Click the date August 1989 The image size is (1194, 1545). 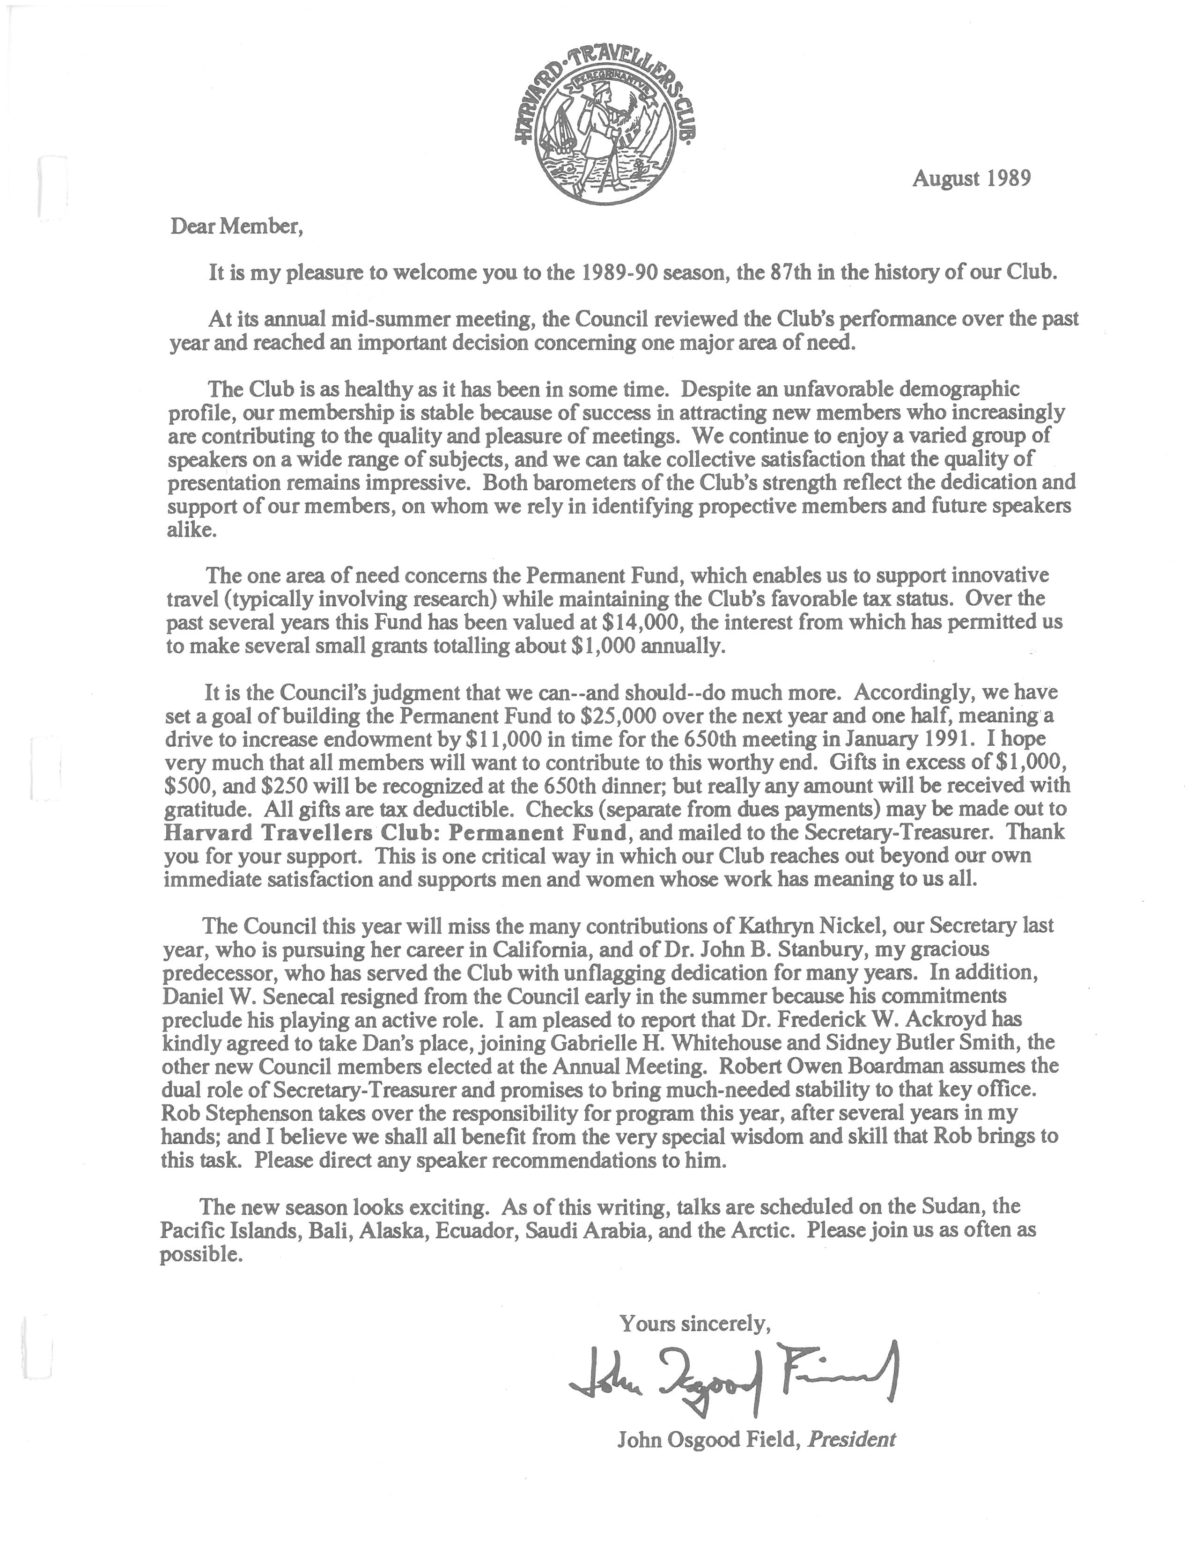click(x=971, y=178)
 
